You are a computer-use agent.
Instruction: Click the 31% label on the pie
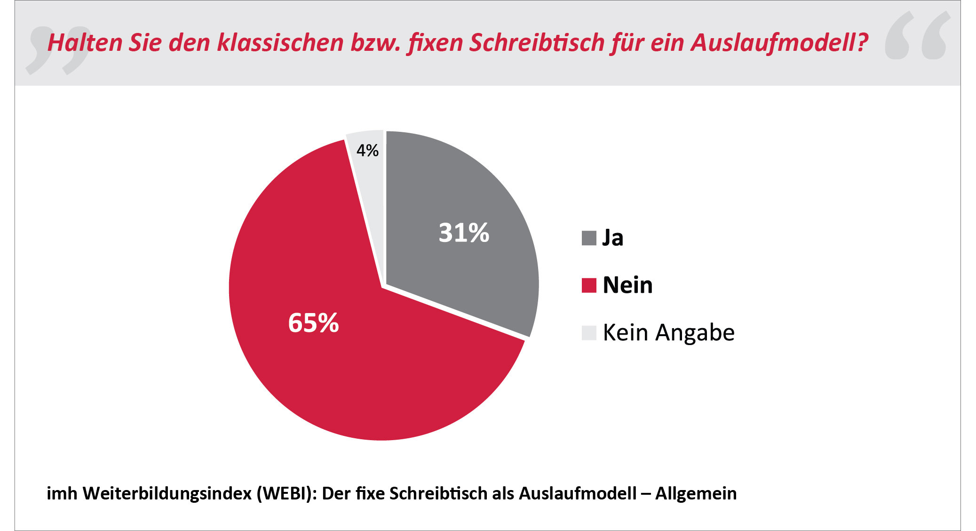point(464,233)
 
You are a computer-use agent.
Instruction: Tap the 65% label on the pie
point(313,323)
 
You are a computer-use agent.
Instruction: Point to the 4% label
point(367,151)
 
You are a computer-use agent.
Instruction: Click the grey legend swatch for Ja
point(589,238)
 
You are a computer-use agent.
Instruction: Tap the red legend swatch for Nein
point(589,285)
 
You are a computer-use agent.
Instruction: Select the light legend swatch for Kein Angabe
point(589,333)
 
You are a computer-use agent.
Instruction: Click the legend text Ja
point(613,238)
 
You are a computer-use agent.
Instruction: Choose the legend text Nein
point(627,285)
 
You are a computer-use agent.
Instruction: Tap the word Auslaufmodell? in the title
point(779,43)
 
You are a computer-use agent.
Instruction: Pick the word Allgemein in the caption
point(696,493)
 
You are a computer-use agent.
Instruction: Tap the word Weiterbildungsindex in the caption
point(167,493)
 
